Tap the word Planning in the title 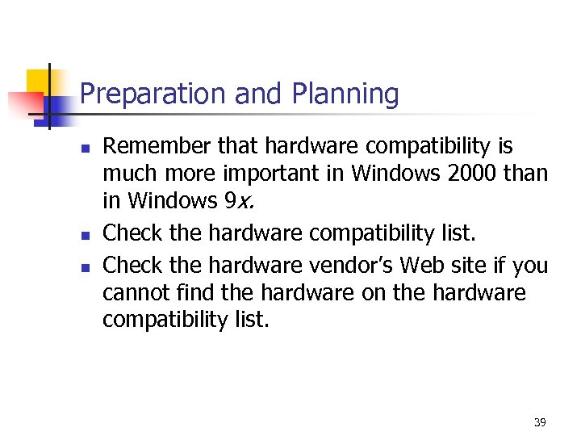pos(349,95)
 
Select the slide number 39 pos(540,422)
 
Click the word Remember pos(158,146)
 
